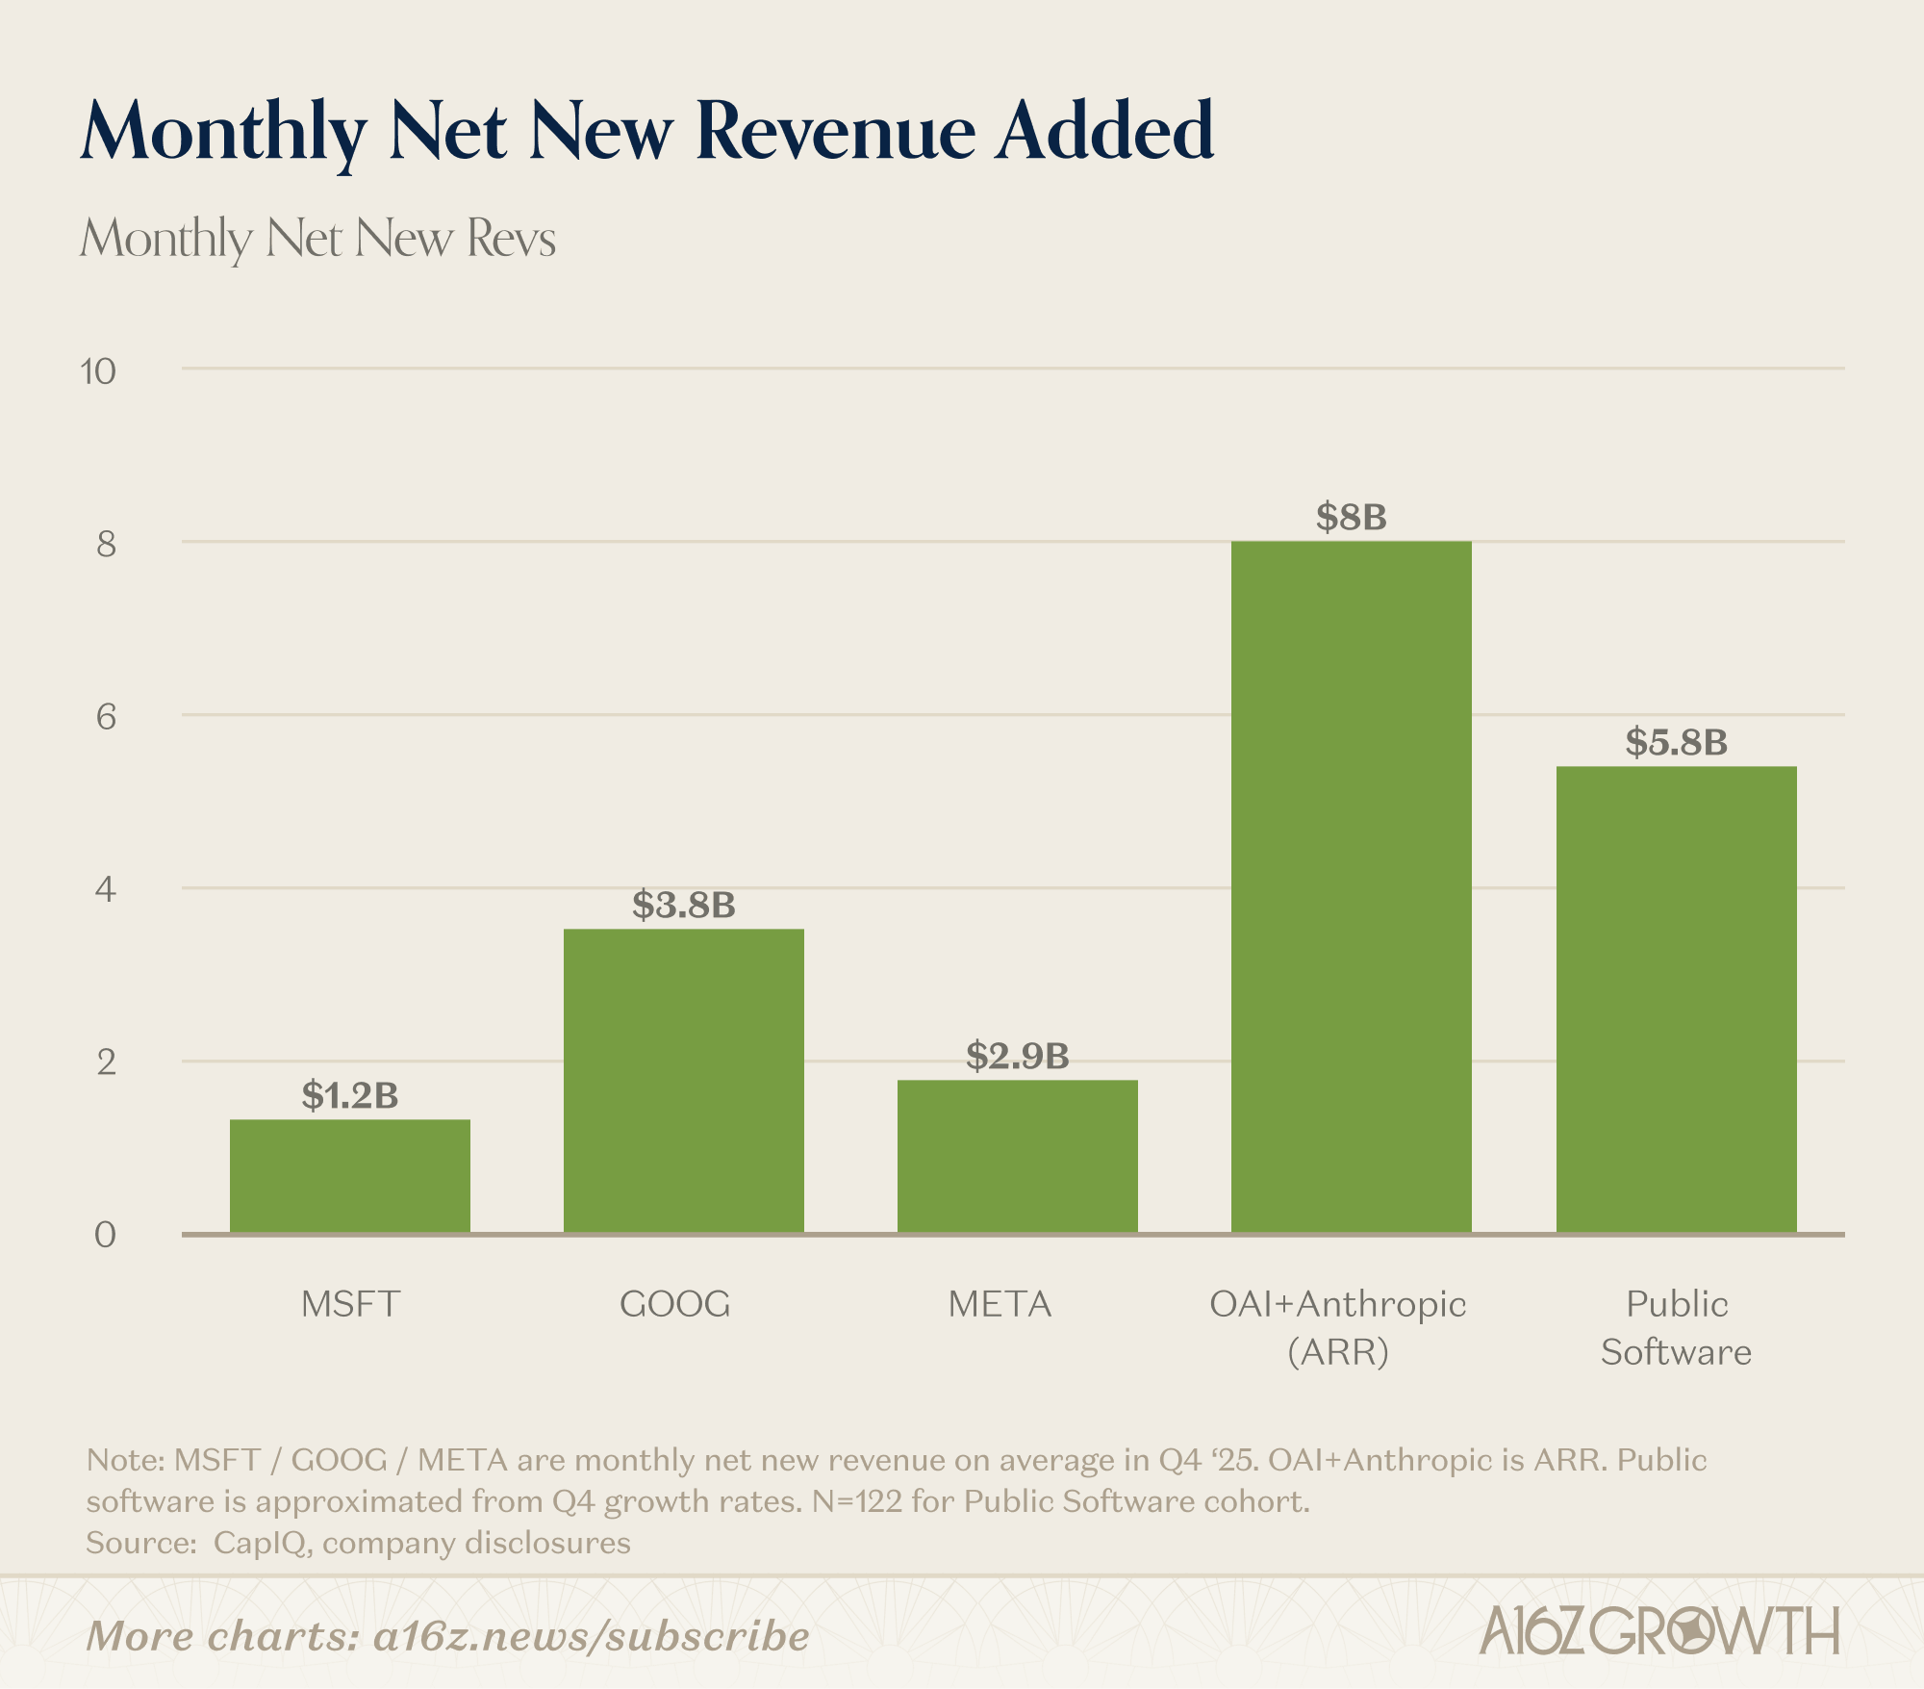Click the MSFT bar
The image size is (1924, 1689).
click(350, 1175)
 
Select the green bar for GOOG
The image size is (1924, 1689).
click(683, 1080)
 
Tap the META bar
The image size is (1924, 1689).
click(1017, 1156)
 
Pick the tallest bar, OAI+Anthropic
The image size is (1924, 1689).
click(1351, 885)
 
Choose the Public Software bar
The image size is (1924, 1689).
click(1676, 999)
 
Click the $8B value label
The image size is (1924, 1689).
click(1351, 518)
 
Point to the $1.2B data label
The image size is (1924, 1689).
click(350, 1095)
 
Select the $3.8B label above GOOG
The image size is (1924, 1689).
click(683, 905)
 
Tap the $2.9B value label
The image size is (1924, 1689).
click(1017, 1056)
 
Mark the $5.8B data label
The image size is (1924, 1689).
click(1676, 742)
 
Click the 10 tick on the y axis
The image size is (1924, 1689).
click(98, 371)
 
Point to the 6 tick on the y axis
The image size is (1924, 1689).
click(106, 717)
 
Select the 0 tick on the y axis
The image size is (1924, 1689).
click(105, 1235)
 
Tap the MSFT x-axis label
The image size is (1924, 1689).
click(350, 1304)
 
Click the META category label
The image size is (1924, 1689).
click(1000, 1304)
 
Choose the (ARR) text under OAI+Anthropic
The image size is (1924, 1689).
click(1337, 1352)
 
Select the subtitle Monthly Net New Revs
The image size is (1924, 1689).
click(317, 238)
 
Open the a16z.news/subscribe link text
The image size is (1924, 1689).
click(591, 1636)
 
